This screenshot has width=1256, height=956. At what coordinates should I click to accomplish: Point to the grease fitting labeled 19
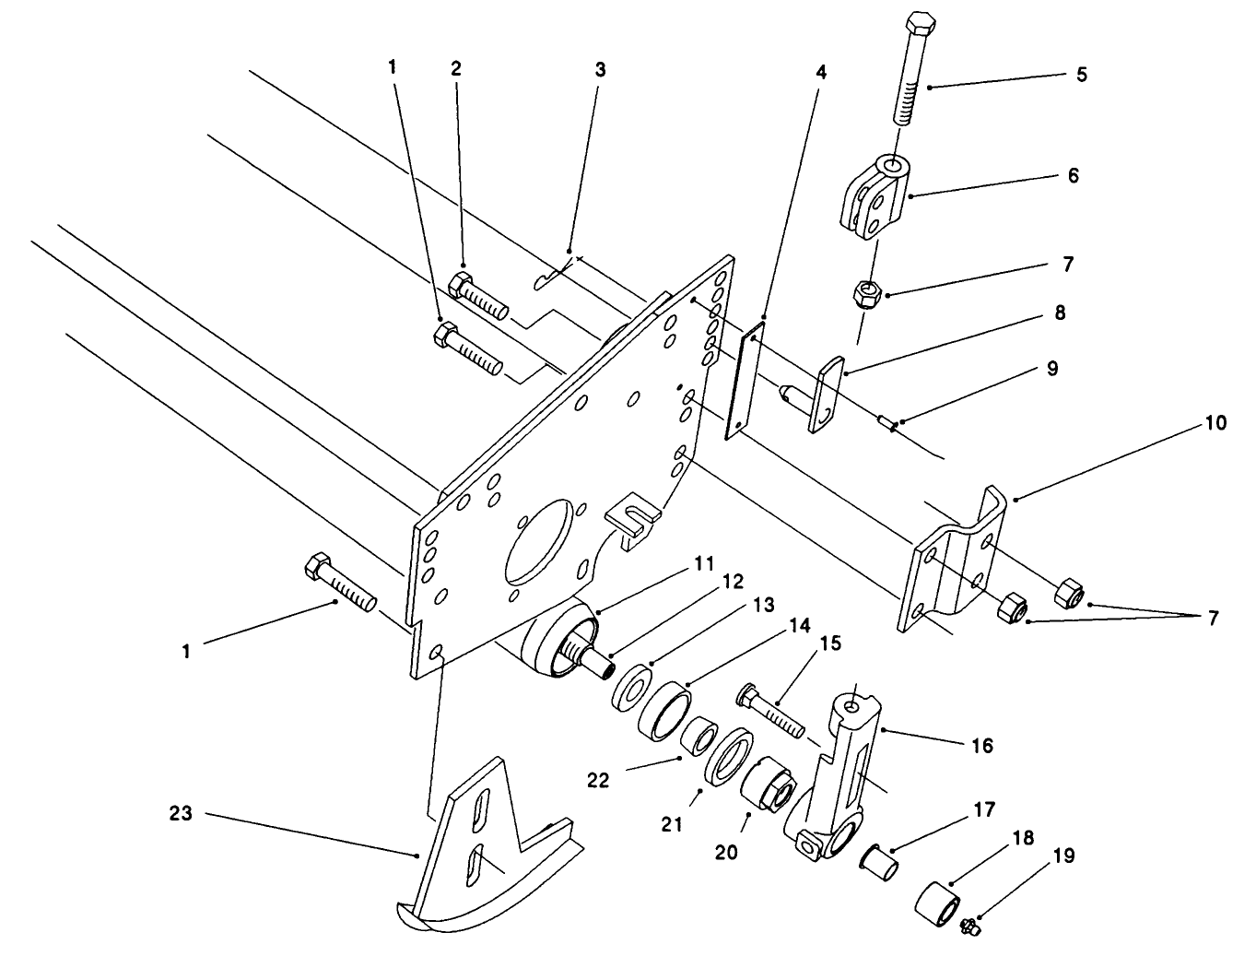pyautogui.click(x=968, y=926)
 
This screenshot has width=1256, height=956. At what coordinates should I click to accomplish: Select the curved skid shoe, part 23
pyautogui.click(x=484, y=848)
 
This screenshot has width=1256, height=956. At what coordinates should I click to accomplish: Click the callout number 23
pyautogui.click(x=182, y=813)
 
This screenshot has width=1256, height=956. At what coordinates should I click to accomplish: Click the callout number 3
pyautogui.click(x=600, y=69)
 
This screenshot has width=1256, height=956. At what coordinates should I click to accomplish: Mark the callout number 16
pyautogui.click(x=982, y=745)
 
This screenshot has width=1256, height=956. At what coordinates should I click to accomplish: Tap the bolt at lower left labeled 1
pyautogui.click(x=338, y=583)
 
